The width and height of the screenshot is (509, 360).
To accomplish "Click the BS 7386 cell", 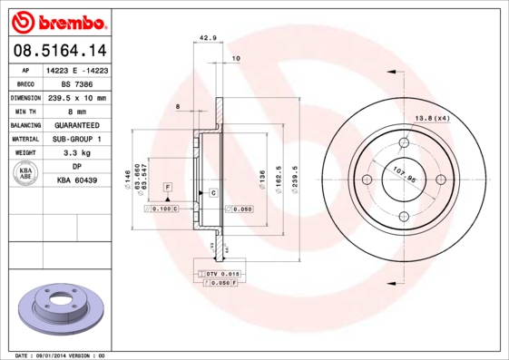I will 76,83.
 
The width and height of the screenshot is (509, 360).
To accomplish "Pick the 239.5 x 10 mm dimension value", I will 76,97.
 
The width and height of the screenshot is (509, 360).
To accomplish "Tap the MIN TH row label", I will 25,111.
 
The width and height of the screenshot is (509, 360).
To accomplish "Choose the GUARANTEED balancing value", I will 76,125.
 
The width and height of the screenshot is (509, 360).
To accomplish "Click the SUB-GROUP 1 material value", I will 76,140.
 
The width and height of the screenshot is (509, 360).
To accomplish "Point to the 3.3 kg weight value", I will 76,153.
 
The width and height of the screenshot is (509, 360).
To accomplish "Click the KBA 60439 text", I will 76,181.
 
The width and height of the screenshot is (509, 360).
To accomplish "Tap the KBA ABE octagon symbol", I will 26,174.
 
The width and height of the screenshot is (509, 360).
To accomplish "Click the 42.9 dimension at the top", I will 207,38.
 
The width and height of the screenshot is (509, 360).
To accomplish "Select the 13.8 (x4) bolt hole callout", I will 433,118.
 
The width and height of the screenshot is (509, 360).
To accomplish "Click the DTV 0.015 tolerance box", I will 221,273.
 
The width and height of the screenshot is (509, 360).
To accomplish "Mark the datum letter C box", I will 213,193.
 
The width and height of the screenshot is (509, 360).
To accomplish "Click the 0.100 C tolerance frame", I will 162,209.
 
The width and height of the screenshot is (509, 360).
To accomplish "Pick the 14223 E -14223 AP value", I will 76,69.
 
